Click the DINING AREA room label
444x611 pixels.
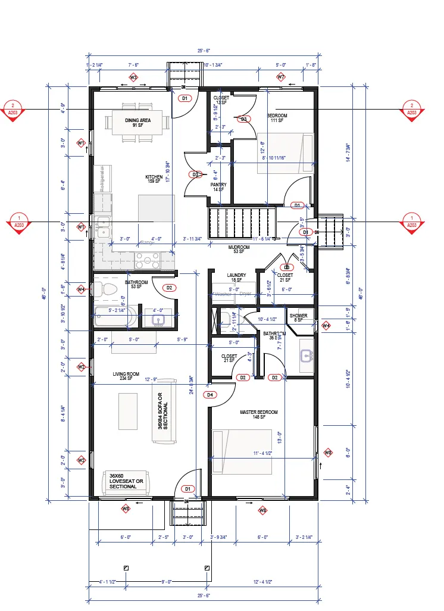pos(137,120)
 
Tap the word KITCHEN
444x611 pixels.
pos(154,177)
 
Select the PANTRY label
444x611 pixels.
pos(218,185)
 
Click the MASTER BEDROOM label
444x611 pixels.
pos(258,412)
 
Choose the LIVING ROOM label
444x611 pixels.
pos(126,375)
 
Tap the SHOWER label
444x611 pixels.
pos(298,316)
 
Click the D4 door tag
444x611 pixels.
pos(210,395)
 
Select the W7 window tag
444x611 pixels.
pos(281,77)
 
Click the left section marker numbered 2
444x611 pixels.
pos(11,110)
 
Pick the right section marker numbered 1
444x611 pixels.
pos(411,222)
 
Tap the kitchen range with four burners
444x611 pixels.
pos(146,260)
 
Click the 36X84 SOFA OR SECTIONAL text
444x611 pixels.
pos(162,412)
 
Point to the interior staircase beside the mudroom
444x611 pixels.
pos(243,222)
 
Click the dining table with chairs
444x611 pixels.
pos(137,124)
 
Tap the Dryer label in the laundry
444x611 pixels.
pos(246,294)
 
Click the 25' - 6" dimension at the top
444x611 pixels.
pos(202,51)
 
